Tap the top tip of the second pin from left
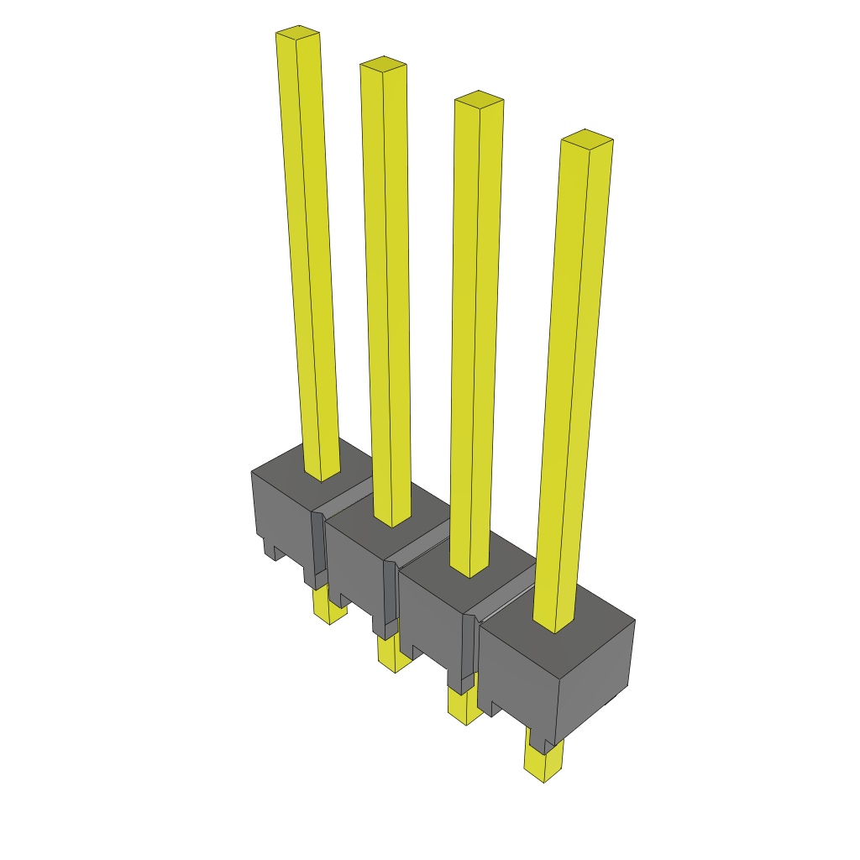(383, 64)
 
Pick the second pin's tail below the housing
(392, 655)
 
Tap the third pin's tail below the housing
(464, 705)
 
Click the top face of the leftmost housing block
(286, 467)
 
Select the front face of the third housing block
(428, 613)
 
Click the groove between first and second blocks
(344, 504)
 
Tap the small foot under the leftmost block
(273, 550)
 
